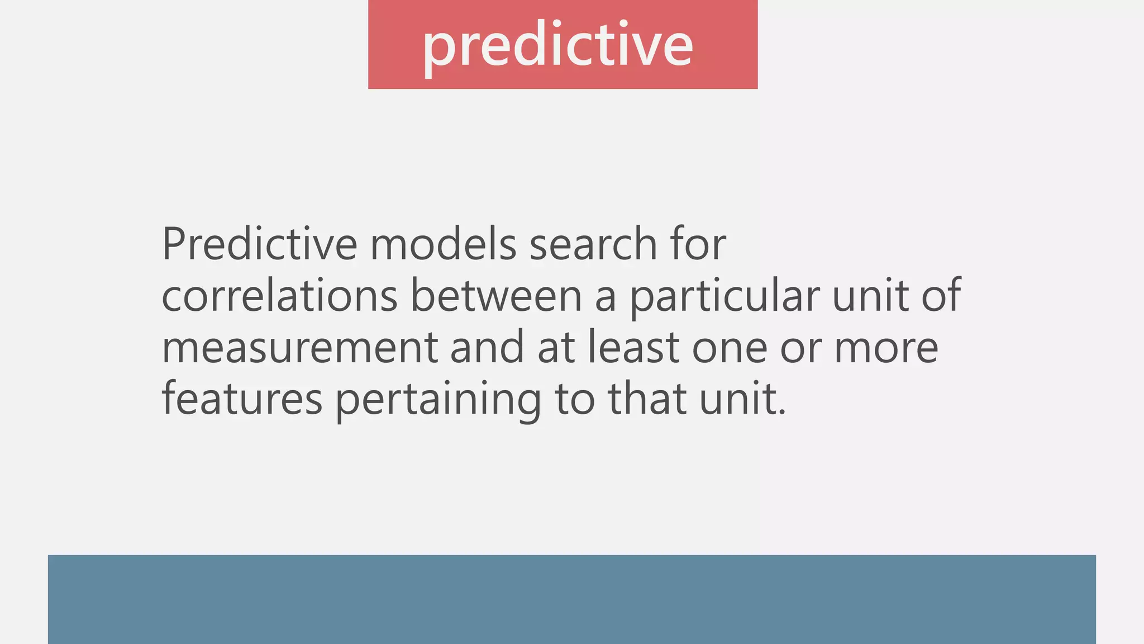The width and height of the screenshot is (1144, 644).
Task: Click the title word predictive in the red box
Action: tap(557, 45)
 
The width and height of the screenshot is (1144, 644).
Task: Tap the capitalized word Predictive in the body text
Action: tap(259, 244)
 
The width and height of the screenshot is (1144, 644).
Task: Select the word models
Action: tap(443, 244)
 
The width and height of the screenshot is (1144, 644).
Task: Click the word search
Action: tap(593, 244)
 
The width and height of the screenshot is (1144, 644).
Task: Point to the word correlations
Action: tap(279, 296)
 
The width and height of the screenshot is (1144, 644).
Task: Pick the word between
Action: tap(497, 296)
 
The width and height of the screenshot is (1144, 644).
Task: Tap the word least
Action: tap(633, 347)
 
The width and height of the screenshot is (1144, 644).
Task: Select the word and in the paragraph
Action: tap(487, 347)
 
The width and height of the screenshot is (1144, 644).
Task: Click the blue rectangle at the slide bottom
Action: tap(571, 599)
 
